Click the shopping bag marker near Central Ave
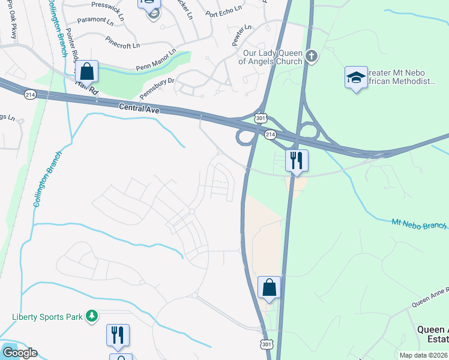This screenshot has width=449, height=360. (87, 71)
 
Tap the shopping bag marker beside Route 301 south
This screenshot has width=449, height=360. (270, 287)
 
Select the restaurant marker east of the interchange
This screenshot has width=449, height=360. (296, 161)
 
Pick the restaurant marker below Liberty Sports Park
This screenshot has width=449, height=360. (118, 335)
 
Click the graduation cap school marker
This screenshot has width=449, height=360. (356, 77)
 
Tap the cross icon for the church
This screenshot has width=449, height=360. (311, 56)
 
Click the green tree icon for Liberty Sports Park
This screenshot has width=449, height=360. (91, 316)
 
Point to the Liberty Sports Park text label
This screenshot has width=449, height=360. (47, 316)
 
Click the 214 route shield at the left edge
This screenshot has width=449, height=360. (30, 95)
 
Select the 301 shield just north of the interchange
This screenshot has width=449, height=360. (260, 119)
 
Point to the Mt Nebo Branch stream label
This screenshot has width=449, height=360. (419, 224)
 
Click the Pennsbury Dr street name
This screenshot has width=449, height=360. (157, 87)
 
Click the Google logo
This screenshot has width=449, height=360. (19, 353)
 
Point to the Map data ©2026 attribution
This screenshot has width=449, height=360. (423, 355)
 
